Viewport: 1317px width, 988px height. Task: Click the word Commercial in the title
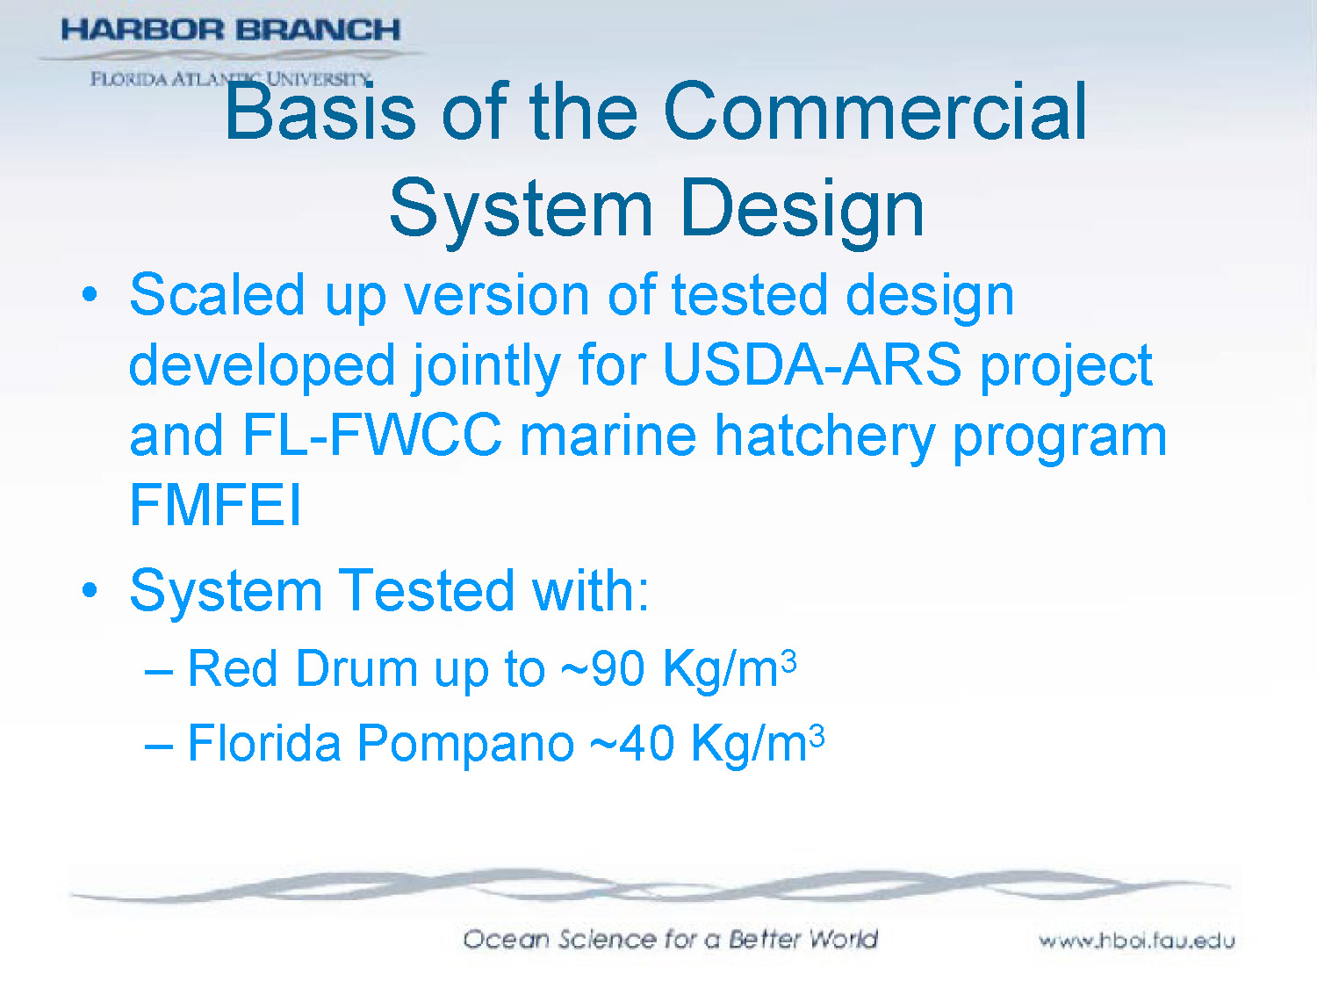pyautogui.click(x=874, y=112)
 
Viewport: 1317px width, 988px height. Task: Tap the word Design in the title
pyautogui.click(x=802, y=209)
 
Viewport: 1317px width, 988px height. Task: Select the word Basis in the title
pyautogui.click(x=320, y=112)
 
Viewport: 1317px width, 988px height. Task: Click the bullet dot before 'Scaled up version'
pyautogui.click(x=90, y=294)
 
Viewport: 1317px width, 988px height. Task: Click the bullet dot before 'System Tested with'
pyautogui.click(x=90, y=590)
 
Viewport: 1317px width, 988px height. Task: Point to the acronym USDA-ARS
pyautogui.click(x=812, y=364)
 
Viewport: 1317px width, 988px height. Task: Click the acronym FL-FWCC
pyautogui.click(x=372, y=436)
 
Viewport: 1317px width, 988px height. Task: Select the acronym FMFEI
pyautogui.click(x=215, y=506)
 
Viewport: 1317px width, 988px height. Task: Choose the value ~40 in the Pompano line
pyautogui.click(x=631, y=744)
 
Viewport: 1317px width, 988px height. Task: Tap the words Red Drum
pyautogui.click(x=302, y=669)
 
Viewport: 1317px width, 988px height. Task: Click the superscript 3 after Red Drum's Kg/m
pyautogui.click(x=788, y=660)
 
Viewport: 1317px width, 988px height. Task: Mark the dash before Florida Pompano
pyautogui.click(x=158, y=745)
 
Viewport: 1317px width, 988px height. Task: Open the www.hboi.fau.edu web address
pyautogui.click(x=1136, y=941)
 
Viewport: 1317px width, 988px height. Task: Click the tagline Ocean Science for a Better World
pyautogui.click(x=670, y=940)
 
